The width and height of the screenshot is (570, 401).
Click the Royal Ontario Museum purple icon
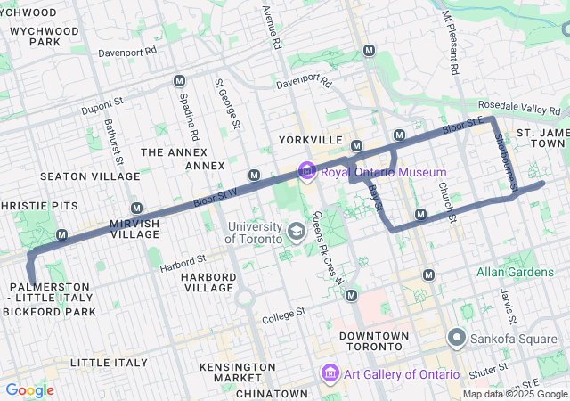307,170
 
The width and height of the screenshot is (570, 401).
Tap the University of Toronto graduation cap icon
295,233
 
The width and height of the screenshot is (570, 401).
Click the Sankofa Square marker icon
457,338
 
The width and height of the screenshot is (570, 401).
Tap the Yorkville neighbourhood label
310,141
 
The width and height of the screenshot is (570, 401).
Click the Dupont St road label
100,109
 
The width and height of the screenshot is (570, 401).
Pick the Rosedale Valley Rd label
534,108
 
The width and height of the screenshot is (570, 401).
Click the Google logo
29,390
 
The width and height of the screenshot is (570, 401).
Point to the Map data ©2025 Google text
514,394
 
